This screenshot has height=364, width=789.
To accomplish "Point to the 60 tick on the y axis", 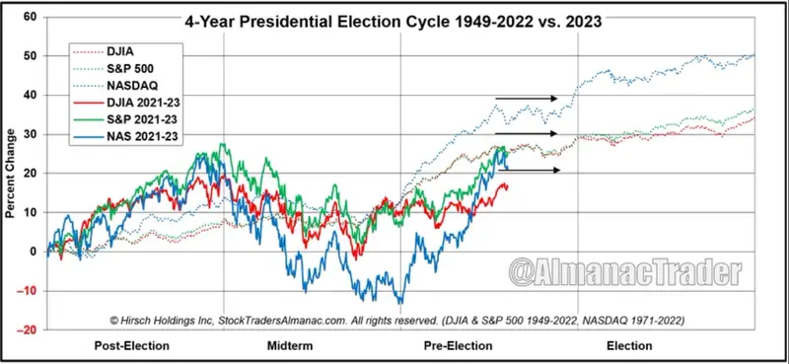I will click(x=30, y=18).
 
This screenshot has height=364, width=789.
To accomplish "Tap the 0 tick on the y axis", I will click(x=34, y=253).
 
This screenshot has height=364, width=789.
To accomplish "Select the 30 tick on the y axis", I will click(x=30, y=135).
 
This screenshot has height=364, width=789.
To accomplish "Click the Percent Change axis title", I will click(x=11, y=175).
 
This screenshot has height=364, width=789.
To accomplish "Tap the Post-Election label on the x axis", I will click(x=133, y=346).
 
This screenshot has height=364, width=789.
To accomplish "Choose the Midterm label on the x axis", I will click(x=292, y=346).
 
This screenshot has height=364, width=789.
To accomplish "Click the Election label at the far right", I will click(x=629, y=346).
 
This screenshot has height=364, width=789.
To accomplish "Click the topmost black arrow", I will click(x=527, y=98).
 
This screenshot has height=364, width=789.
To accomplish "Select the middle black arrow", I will click(x=527, y=133).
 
